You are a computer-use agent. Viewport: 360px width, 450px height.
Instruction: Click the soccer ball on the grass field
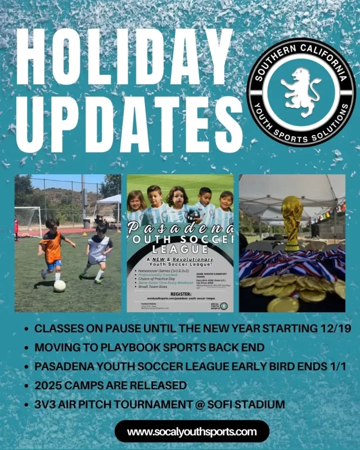[x=59, y=286]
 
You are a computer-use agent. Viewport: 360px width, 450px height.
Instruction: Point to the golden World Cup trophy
[x=292, y=222]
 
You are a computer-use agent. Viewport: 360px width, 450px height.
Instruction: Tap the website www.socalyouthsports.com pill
[x=192, y=432]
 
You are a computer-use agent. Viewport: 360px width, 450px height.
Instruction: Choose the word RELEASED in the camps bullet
[x=155, y=386]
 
